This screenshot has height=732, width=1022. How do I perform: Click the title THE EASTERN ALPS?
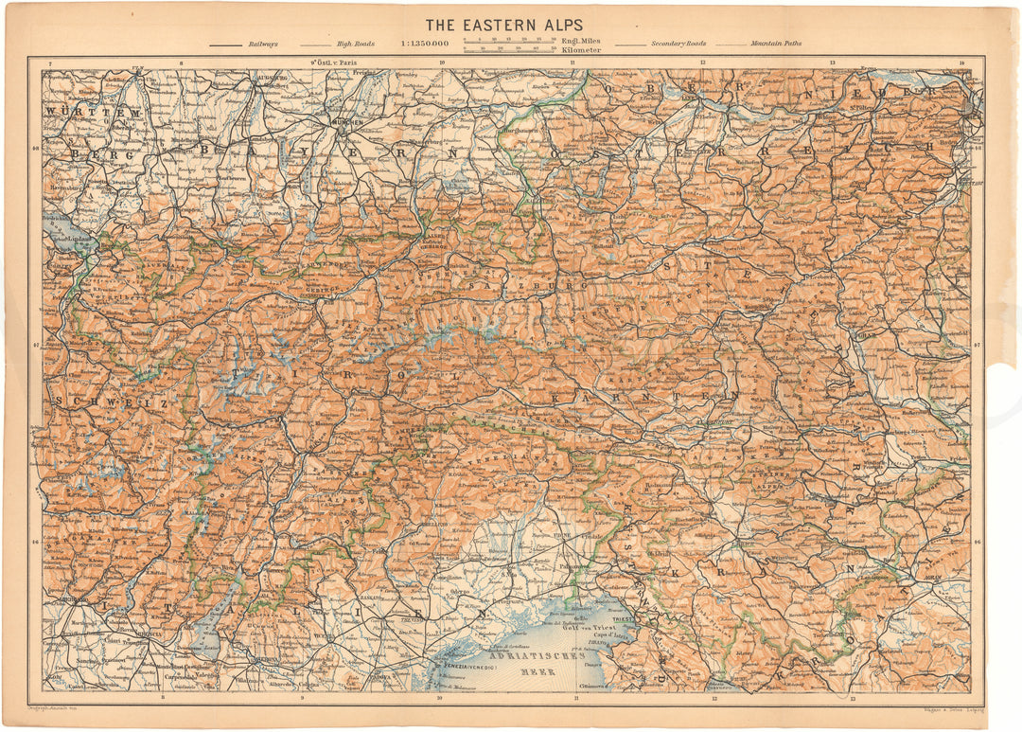[x=503, y=24]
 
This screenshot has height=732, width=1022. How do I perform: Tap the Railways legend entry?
[x=256, y=44]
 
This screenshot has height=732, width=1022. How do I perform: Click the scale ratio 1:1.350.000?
[x=425, y=44]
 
